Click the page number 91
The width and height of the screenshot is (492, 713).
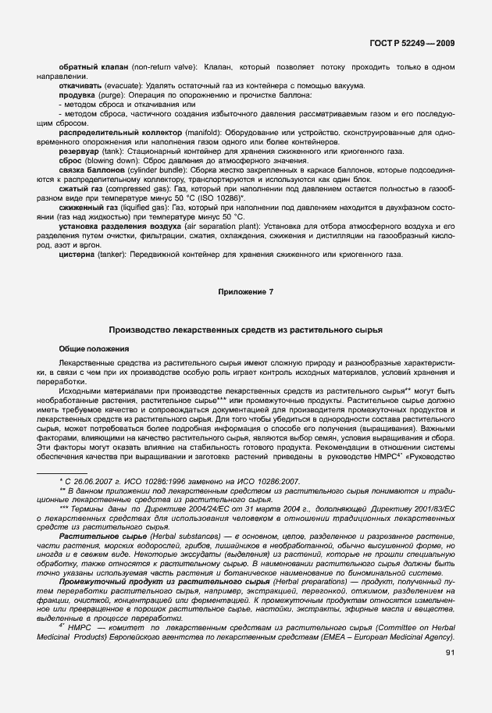(450, 652)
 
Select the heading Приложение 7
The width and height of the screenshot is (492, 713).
(245, 291)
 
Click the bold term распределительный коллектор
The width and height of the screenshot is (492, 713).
(120, 133)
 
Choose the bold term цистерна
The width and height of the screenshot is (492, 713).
(78, 255)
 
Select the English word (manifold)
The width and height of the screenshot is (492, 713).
(204, 133)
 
